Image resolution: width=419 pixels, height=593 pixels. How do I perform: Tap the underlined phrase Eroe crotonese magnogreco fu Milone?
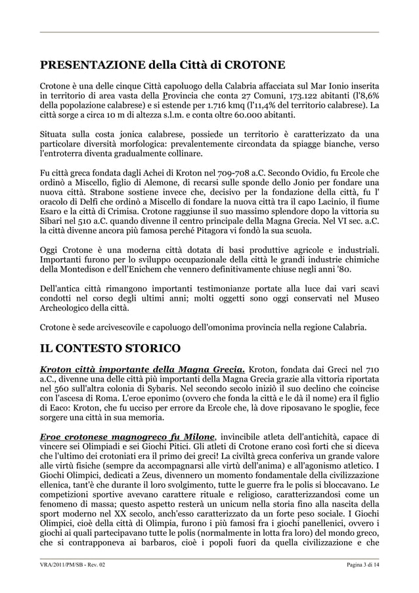coord(127,437)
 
